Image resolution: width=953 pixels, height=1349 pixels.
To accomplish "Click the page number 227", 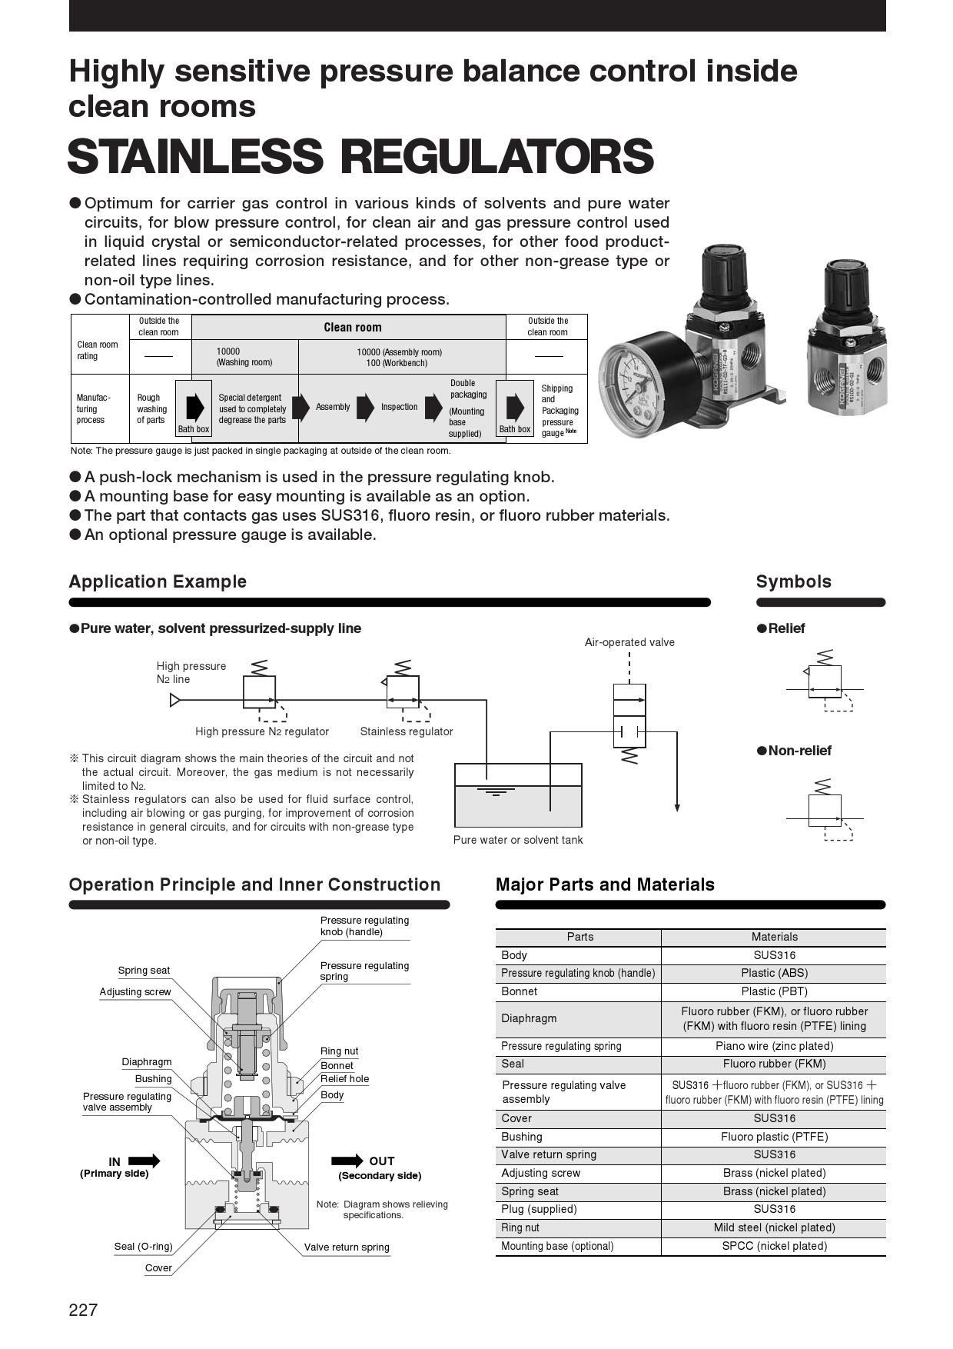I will click(x=83, y=1310).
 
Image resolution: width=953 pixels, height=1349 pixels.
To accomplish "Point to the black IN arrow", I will click(x=144, y=1161).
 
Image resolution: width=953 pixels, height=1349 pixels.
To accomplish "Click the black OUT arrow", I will click(x=347, y=1161).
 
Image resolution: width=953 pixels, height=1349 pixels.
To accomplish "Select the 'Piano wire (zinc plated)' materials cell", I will click(x=774, y=1046).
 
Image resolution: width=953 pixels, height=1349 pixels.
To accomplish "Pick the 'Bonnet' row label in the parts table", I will click(x=520, y=991).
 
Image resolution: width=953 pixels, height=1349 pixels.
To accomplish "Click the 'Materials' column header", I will click(x=774, y=937).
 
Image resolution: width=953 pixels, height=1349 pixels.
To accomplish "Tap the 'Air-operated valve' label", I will click(x=629, y=642).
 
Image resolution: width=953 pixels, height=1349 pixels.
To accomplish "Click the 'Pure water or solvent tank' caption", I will click(x=518, y=840).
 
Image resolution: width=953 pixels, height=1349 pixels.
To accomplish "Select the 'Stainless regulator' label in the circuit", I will click(x=407, y=731).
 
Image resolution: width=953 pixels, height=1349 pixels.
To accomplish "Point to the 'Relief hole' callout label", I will click(x=344, y=1078).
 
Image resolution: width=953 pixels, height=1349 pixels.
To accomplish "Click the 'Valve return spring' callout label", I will click(x=347, y=1247).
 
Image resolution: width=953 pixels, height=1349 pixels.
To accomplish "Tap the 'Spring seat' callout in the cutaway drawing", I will click(x=144, y=971).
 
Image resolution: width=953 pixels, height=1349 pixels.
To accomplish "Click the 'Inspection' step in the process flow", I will click(x=400, y=407).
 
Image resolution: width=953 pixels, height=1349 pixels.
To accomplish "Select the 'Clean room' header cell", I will click(x=352, y=328).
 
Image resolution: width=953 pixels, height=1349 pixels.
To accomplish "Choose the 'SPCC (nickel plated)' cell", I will click(x=774, y=1246).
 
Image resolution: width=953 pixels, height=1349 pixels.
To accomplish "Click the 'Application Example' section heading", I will click(x=158, y=581).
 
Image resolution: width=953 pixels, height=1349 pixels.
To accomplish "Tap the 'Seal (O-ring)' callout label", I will click(x=143, y=1246).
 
